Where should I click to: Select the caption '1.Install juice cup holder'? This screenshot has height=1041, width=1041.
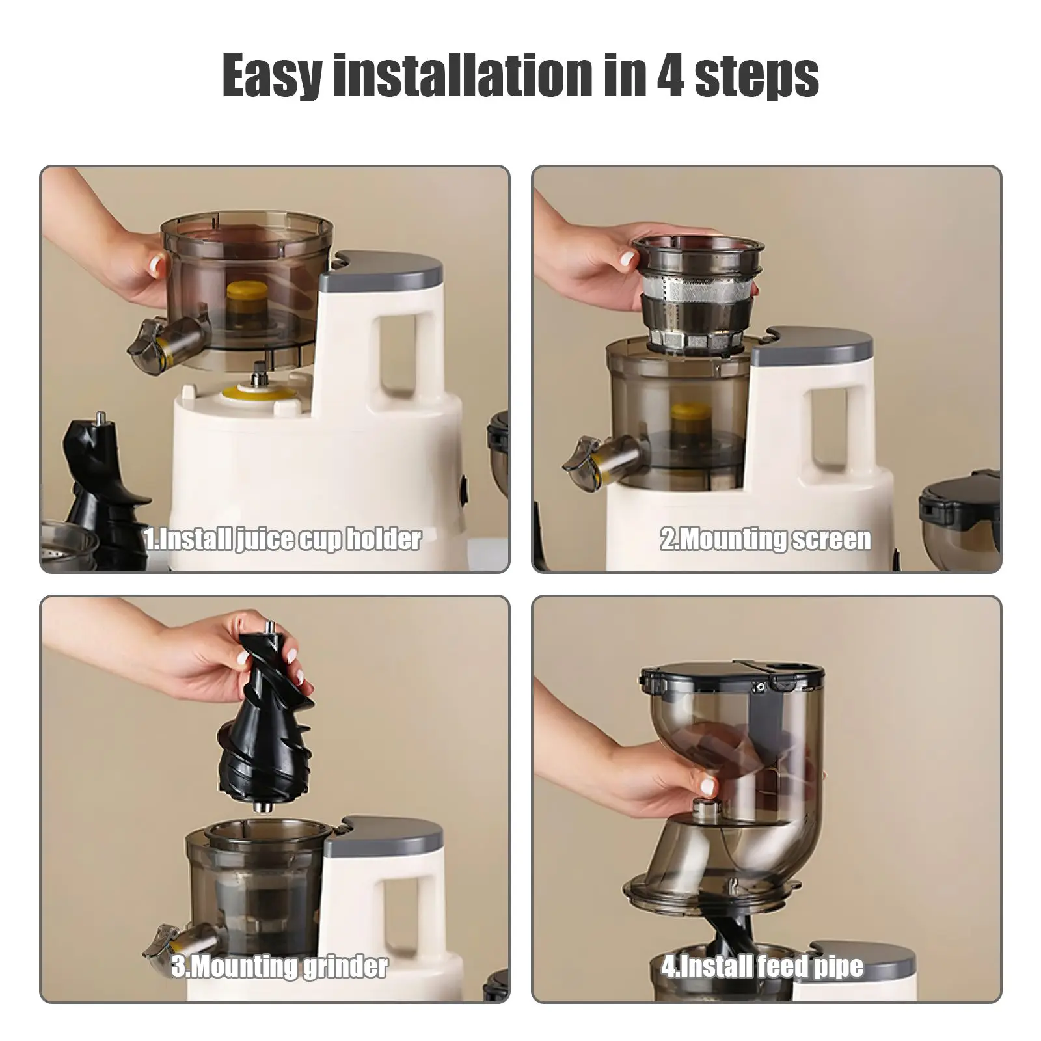coord(283,539)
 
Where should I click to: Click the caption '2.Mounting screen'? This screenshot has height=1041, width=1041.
coord(766,539)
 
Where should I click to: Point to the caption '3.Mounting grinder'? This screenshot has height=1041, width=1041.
coord(280,966)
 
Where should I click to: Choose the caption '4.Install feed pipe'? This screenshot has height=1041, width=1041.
coord(763,966)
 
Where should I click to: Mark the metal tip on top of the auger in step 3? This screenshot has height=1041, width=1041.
coord(269,629)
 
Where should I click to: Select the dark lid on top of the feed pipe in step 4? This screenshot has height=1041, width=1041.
coord(729,677)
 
